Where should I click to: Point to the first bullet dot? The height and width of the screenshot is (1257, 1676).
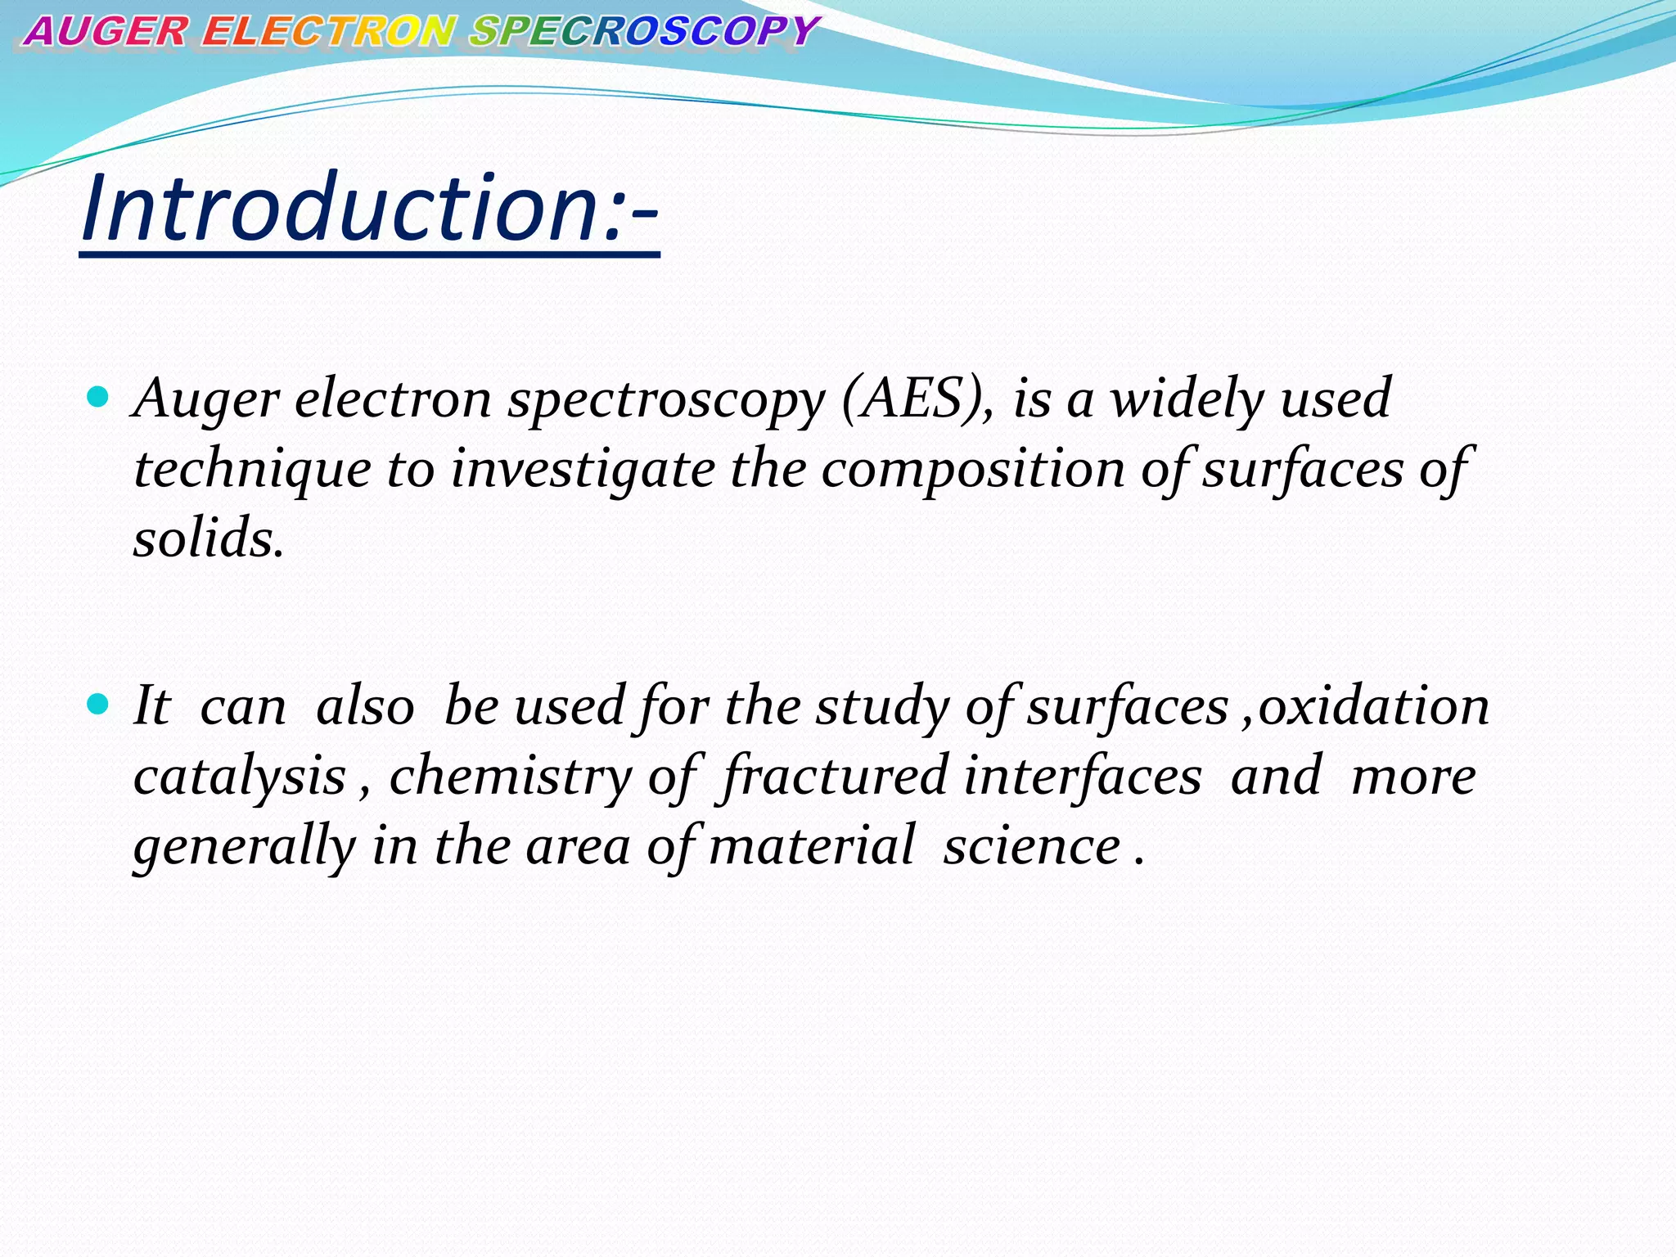pyautogui.click(x=97, y=399)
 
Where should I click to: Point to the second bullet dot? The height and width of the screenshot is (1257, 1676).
pyautogui.click(x=97, y=705)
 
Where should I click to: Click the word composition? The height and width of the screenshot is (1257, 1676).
pyautogui.click(x=973, y=471)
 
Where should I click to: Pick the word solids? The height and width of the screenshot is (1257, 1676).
pyautogui.click(x=209, y=540)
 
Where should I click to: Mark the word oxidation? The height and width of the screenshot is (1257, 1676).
pyautogui.click(x=1374, y=706)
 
